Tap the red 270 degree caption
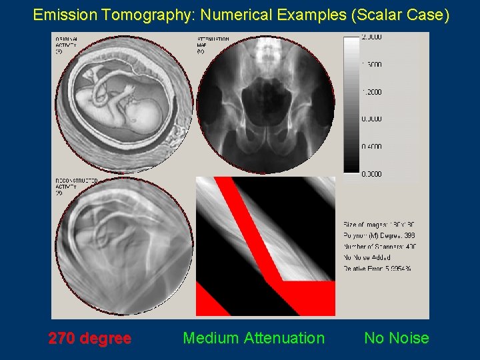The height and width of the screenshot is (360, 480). click(x=89, y=338)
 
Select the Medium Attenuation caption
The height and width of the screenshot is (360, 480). click(x=253, y=338)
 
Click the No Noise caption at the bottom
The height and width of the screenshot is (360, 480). click(x=396, y=338)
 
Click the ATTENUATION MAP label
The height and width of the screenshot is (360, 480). click(x=213, y=45)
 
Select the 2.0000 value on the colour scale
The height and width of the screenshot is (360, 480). click(x=371, y=37)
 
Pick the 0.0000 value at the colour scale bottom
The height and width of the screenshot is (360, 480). click(x=371, y=174)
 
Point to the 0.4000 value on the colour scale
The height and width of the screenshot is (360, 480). click(x=371, y=147)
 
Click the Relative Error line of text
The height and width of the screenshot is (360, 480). click(x=377, y=268)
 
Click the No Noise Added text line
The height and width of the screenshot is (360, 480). click(x=367, y=257)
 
